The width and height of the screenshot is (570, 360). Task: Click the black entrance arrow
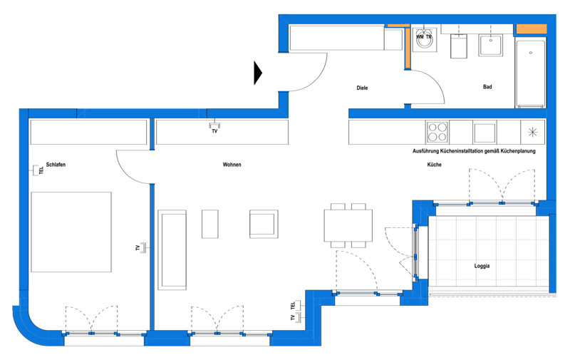(257, 73)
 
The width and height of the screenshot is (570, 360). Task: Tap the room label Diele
(362, 88)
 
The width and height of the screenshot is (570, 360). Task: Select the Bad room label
(487, 86)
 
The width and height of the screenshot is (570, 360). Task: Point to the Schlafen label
(56, 165)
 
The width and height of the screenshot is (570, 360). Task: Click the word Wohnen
(232, 165)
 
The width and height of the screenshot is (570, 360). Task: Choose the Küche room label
(434, 165)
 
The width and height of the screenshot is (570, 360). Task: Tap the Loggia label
(482, 266)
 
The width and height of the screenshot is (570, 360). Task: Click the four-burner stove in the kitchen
(437, 132)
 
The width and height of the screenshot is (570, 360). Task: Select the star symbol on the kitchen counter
(532, 132)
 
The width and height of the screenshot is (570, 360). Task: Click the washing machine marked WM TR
(424, 39)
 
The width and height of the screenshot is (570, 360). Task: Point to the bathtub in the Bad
(530, 73)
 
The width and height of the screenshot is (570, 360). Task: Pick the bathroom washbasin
(491, 45)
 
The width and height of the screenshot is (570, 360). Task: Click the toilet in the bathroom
(459, 46)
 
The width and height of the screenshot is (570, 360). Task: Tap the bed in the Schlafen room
(71, 232)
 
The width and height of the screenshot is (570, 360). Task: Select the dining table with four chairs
(348, 225)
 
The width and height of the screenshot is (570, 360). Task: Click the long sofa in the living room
(172, 250)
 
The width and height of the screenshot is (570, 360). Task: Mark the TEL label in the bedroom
(41, 170)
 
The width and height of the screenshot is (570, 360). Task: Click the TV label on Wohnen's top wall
(214, 131)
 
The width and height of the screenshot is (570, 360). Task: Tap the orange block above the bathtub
(532, 29)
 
